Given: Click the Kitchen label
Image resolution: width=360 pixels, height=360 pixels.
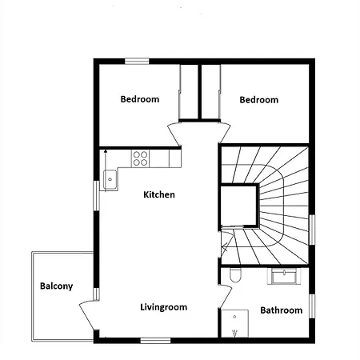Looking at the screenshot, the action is [x=159, y=194].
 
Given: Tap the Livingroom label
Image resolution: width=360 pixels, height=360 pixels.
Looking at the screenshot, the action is [x=164, y=307].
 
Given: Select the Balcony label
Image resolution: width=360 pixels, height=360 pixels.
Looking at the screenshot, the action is [x=56, y=286].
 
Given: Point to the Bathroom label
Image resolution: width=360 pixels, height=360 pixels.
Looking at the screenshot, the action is [x=282, y=310].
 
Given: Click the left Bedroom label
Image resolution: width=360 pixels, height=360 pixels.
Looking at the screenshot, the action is [x=140, y=99].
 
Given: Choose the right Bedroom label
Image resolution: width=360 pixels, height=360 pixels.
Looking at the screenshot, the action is [x=259, y=100].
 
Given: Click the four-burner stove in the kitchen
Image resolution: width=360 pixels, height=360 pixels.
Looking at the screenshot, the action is [x=140, y=158].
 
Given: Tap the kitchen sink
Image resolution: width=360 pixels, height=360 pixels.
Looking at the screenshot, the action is [x=110, y=179].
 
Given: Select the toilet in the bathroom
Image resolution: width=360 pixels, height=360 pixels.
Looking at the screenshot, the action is [x=235, y=275].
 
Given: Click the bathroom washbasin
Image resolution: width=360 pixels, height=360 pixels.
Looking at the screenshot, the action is [x=284, y=276].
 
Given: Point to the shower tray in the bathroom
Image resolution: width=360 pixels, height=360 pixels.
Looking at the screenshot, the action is [x=234, y=323].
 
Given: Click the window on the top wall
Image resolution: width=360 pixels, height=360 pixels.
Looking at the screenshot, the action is [x=137, y=62].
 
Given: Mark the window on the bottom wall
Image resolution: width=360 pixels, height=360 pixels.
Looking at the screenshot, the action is [x=155, y=341].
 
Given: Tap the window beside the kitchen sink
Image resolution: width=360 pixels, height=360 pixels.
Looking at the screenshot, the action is [x=96, y=196].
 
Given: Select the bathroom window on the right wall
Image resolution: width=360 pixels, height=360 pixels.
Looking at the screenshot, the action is [x=312, y=306].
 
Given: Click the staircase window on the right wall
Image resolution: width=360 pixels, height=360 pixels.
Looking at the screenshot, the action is [x=312, y=230].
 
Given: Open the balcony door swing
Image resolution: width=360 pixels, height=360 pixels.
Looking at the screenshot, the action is [x=86, y=314].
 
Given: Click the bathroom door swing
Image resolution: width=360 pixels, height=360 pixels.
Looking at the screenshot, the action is [x=226, y=296].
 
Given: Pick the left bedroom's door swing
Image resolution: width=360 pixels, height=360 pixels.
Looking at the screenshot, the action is [x=174, y=134].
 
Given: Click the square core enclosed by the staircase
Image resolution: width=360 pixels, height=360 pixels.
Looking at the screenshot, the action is [x=239, y=206].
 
